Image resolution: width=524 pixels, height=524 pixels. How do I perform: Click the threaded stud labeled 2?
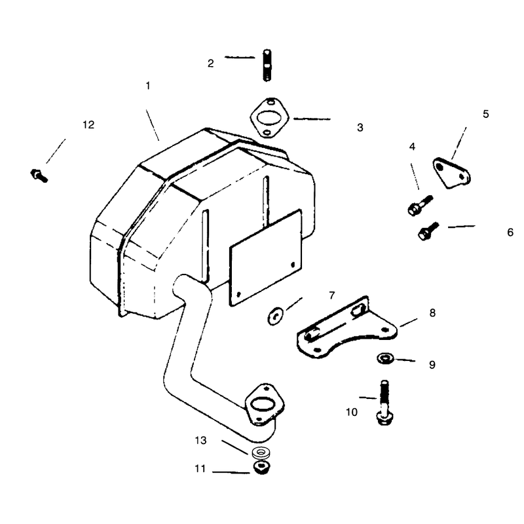click(267, 65)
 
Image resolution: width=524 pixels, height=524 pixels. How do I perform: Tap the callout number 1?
click(148, 86)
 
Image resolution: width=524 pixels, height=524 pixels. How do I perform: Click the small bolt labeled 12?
click(39, 176)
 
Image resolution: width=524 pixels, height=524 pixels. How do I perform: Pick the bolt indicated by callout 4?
click(420, 206)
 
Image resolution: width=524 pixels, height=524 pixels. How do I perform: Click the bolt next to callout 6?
click(428, 231)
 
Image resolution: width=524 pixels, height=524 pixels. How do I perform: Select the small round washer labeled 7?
click(275, 316)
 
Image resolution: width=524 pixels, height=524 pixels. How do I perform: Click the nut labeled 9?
click(385, 358)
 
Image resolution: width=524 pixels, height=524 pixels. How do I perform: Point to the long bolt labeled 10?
click(384, 402)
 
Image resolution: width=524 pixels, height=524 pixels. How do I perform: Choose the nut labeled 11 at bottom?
click(261, 467)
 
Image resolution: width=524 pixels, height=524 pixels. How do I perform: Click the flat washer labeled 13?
click(261, 453)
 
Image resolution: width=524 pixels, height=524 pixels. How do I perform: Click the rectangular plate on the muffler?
click(265, 257)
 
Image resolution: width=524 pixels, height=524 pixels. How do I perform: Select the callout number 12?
click(88, 124)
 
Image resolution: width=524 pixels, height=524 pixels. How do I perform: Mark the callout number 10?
click(352, 412)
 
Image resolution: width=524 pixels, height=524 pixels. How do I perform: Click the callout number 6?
click(510, 233)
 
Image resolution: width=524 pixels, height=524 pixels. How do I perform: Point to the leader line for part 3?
click(312, 119)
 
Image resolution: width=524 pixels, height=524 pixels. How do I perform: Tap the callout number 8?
click(432, 313)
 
